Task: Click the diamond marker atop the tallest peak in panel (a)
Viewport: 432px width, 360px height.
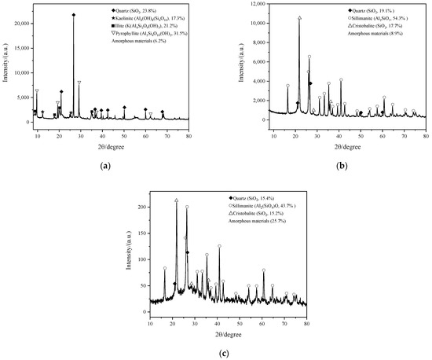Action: point(74,15)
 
